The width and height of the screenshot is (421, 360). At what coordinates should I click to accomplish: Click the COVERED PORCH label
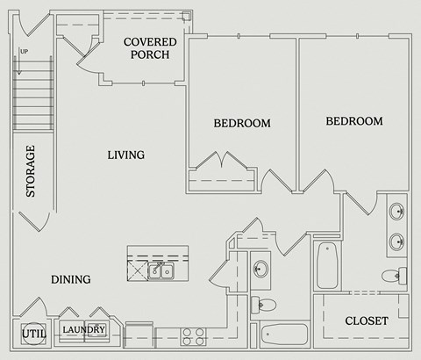click(149, 48)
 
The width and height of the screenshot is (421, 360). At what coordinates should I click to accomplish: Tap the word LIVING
click(125, 155)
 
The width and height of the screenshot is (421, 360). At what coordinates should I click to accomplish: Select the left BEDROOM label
click(242, 124)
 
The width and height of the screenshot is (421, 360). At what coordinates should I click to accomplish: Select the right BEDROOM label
click(353, 121)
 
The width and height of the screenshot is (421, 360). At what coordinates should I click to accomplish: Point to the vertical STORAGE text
click(31, 170)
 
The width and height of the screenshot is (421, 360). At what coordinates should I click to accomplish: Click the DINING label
click(70, 280)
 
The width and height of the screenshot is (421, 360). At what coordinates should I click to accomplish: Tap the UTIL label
click(32, 335)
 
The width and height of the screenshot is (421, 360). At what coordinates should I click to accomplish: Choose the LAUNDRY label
click(84, 330)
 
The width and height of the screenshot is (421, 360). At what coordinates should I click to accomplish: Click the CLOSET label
click(366, 321)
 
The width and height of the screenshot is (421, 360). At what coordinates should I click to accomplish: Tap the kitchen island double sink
click(161, 270)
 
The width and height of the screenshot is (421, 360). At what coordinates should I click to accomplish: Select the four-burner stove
click(192, 337)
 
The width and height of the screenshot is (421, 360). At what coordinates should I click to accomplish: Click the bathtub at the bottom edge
click(284, 335)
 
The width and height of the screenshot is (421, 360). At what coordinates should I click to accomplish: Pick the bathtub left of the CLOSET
click(327, 264)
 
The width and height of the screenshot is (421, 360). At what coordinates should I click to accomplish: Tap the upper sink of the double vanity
click(396, 212)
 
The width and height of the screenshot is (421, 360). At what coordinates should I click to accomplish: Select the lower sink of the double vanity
click(396, 240)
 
